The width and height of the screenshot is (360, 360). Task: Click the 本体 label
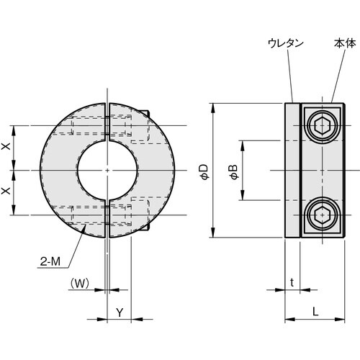point(345,43)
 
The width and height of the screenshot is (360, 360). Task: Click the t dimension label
point(292,283)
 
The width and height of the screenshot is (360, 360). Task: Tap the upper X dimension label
point(6,148)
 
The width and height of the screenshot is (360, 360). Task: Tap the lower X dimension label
point(6,192)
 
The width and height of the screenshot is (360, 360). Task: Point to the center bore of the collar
point(107,170)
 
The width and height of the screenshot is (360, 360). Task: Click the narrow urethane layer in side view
point(292,171)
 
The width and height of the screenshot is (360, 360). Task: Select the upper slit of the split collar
point(107,122)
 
